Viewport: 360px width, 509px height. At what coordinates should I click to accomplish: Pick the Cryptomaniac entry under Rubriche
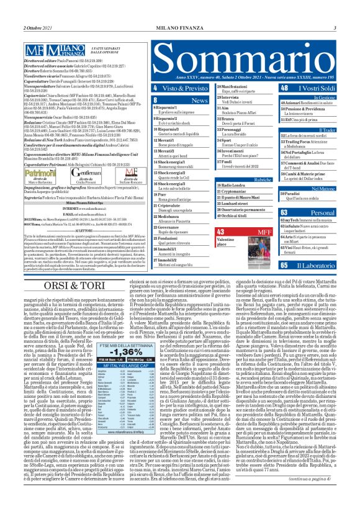[235, 191]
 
